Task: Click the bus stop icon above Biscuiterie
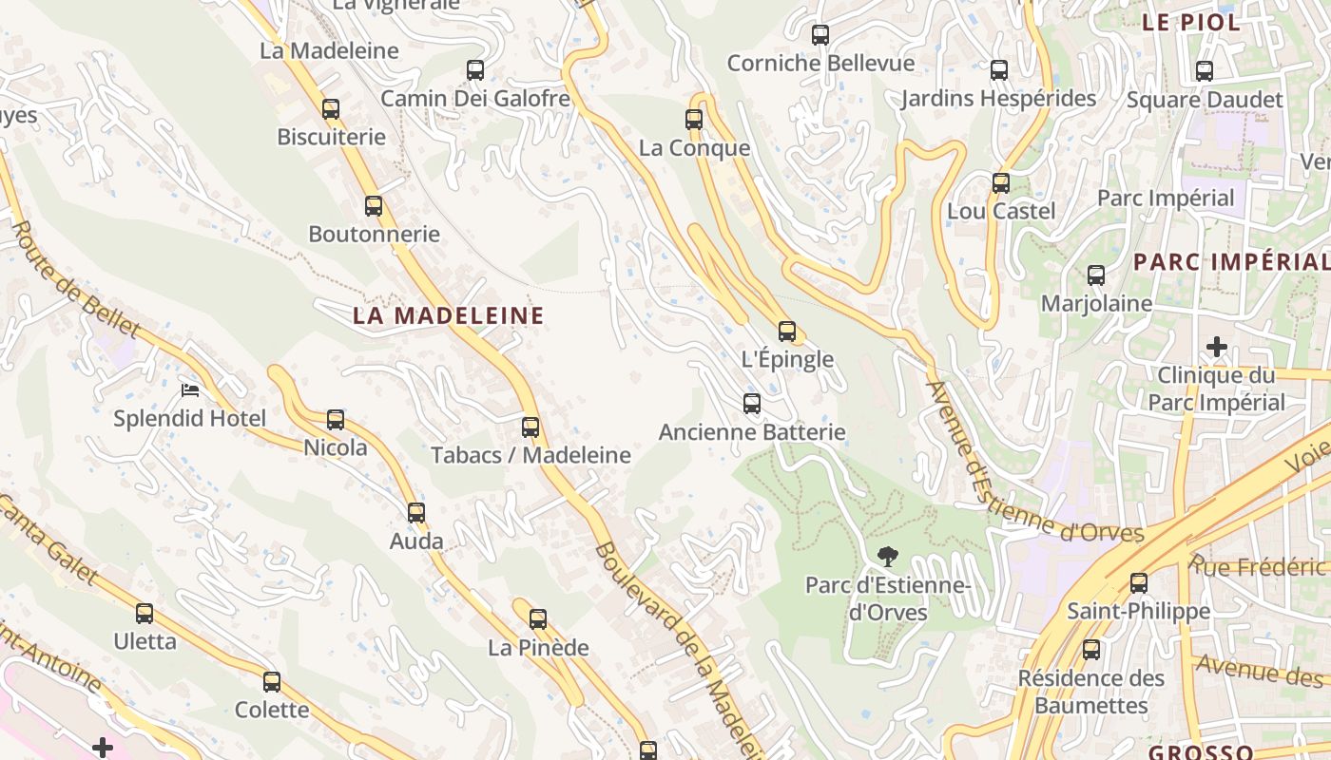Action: click(x=331, y=108)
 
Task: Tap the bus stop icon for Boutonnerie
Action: click(x=374, y=205)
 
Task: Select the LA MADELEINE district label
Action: click(x=449, y=315)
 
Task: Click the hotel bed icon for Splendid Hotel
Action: click(x=190, y=390)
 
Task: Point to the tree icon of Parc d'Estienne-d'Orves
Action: click(x=888, y=556)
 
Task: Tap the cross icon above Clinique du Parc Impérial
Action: click(x=1217, y=347)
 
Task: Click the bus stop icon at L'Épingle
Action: click(x=787, y=331)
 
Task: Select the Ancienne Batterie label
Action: click(x=752, y=432)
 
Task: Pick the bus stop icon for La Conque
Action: click(x=694, y=119)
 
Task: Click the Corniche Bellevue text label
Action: click(x=820, y=64)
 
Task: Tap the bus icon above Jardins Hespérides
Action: click(x=999, y=69)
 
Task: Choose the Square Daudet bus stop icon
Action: click(x=1205, y=70)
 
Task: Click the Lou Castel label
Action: click(x=1001, y=211)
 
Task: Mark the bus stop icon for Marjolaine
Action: click(x=1096, y=275)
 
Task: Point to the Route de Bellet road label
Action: click(x=75, y=280)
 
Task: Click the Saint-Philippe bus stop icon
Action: click(x=1139, y=582)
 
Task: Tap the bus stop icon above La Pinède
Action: click(x=538, y=619)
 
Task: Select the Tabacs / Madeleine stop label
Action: click(x=530, y=455)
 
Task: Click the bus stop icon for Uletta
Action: click(x=145, y=613)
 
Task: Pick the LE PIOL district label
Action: click(x=1191, y=23)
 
